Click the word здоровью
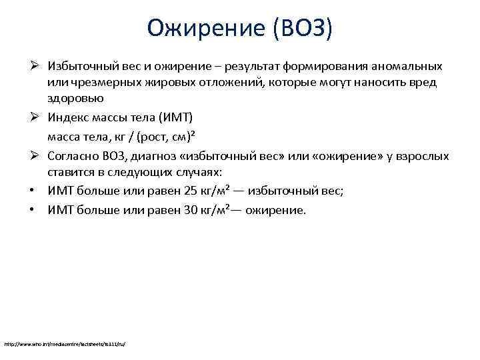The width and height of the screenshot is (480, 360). tap(75, 99)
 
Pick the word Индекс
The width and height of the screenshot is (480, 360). tap(68, 118)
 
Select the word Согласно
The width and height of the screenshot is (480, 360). tap(73, 156)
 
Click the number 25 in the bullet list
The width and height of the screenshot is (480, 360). tap(189, 191)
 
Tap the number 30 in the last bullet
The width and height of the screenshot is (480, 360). tap(189, 210)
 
